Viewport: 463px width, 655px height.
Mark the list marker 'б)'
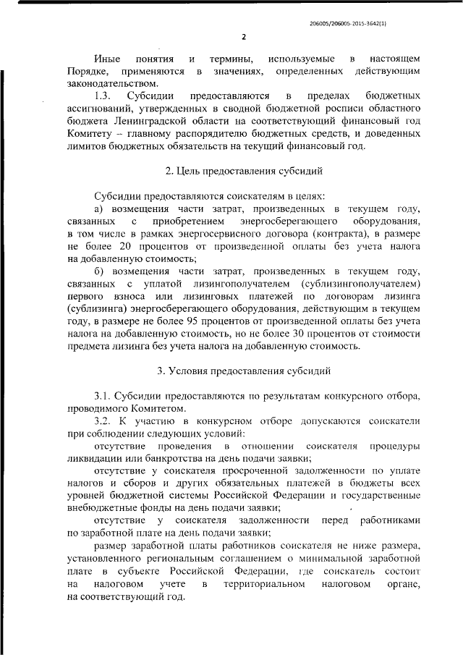[x=101, y=270]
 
